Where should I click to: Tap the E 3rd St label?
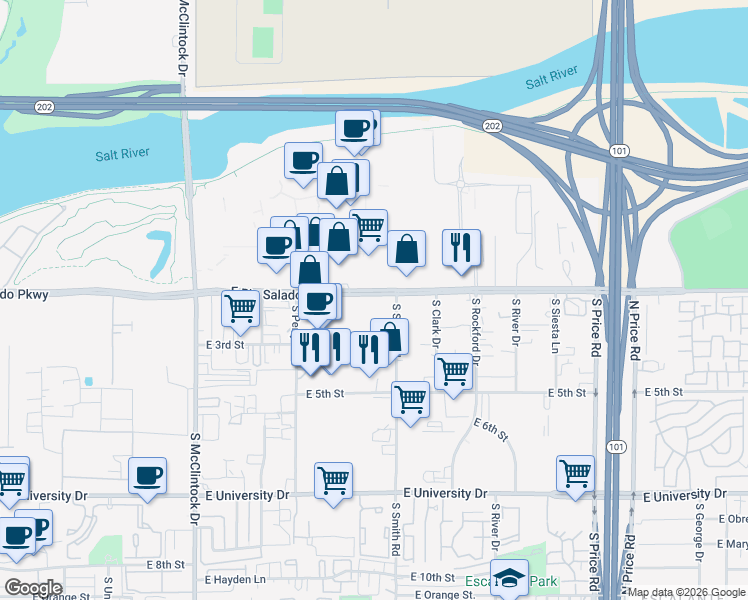[x=224, y=344]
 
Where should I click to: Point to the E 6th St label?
[x=491, y=431]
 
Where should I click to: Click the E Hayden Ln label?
[x=237, y=580]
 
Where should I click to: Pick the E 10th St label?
[x=432, y=577]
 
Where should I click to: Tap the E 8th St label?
[x=165, y=565]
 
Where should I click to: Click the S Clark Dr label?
[x=436, y=322]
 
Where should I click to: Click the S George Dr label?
[x=699, y=526]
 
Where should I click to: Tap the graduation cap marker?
[x=509, y=578]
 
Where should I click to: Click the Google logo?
[x=34, y=588]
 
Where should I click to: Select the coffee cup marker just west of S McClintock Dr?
[x=148, y=475]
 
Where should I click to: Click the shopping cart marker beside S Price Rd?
[x=575, y=474]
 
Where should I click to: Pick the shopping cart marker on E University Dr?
[x=333, y=479]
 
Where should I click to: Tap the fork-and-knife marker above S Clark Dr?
[x=461, y=248]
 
